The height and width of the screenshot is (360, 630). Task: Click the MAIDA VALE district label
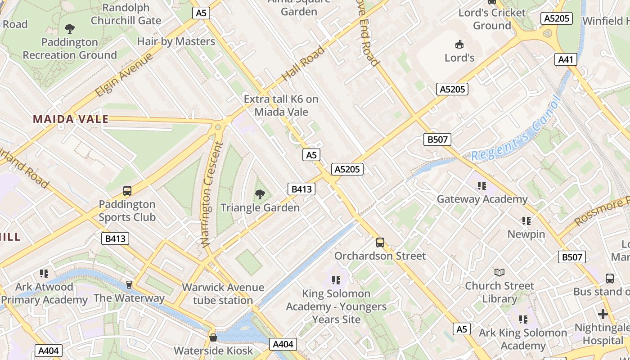click(71, 119)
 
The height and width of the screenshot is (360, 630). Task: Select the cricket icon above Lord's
click(459, 44)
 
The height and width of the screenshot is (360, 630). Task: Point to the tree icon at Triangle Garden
click(260, 194)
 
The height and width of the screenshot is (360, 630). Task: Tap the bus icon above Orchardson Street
click(380, 243)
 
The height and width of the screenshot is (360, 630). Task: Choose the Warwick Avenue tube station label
click(223, 293)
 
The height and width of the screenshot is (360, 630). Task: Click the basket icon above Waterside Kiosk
click(213, 337)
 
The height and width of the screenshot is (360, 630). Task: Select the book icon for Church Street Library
click(499, 272)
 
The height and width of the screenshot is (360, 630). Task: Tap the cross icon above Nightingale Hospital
click(603, 314)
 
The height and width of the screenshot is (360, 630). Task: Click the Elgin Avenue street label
click(124, 74)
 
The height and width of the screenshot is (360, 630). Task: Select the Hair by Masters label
click(176, 41)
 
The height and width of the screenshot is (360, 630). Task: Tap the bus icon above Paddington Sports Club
click(127, 191)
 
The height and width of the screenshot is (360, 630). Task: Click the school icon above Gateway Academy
click(482, 185)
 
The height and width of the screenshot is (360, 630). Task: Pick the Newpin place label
click(526, 234)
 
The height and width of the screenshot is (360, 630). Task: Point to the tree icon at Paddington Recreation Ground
click(70, 29)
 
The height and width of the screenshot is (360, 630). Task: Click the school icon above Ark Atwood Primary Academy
click(44, 273)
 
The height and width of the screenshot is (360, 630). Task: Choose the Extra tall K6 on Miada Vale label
click(281, 105)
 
